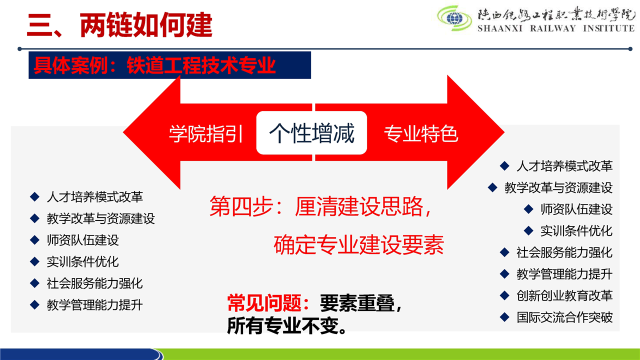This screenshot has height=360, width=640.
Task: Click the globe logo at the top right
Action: (454, 18)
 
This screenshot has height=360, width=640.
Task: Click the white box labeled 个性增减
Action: (311, 133)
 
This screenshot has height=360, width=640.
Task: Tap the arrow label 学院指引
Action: (205, 133)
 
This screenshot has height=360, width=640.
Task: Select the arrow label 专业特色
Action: (421, 133)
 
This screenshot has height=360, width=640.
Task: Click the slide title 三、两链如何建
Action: (119, 25)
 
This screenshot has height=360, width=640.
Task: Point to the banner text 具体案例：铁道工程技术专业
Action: (154, 65)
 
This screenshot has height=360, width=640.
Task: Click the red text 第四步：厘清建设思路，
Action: (320, 206)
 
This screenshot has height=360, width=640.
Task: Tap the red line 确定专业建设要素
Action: (359, 244)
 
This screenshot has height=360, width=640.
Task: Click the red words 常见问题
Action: (264, 303)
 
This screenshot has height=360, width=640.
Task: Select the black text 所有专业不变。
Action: (287, 325)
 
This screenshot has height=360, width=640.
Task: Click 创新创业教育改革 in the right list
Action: (564, 295)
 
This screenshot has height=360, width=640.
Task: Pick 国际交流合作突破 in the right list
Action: (564, 317)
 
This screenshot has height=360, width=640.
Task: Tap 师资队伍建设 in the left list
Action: (83, 240)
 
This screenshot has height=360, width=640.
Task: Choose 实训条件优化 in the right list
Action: (576, 231)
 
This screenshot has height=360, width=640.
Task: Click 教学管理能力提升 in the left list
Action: (95, 305)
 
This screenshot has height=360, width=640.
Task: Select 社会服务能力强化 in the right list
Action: (564, 252)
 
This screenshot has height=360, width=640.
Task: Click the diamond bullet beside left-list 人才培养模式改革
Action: (34, 197)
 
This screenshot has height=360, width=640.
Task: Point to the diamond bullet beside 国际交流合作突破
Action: (504, 317)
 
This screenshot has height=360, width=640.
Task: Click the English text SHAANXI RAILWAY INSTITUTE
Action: (556, 28)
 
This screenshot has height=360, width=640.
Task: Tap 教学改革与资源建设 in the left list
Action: (101, 218)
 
